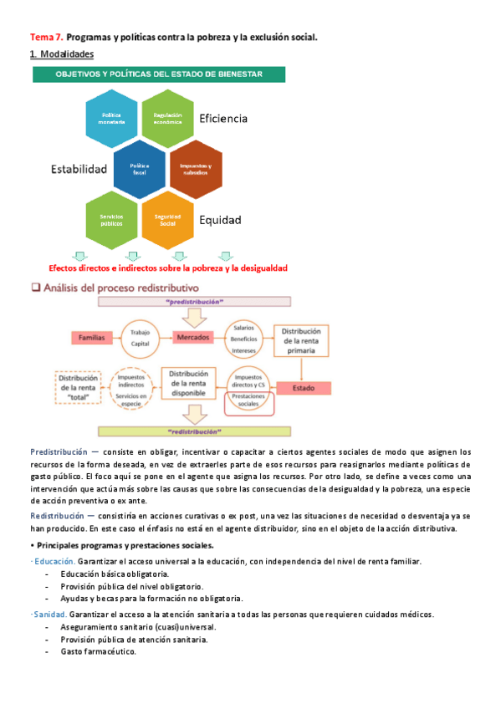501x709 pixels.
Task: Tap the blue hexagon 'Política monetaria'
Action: tap(110, 118)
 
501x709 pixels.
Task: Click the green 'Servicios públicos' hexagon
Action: tap(111, 219)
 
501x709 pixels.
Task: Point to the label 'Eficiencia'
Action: tap(223, 119)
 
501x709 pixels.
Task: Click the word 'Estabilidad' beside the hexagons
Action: tap(79, 169)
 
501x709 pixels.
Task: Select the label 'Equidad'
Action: tap(220, 221)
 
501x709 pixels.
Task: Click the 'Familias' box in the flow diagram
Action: tap(92, 338)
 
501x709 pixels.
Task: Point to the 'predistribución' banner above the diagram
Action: tap(194, 300)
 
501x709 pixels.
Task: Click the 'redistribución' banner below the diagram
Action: tap(194, 432)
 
